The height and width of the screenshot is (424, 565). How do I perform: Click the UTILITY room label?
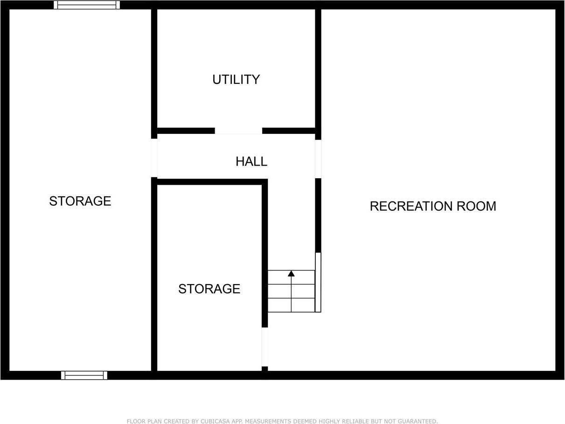click(x=236, y=80)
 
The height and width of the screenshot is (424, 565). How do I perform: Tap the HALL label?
click(x=251, y=162)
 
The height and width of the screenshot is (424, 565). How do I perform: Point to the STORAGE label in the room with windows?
click(x=80, y=201)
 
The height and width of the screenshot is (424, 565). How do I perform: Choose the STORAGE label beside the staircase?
click(x=209, y=289)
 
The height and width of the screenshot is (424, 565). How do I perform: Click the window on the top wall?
click(x=87, y=5)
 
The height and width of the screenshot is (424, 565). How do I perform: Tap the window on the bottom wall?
click(x=84, y=375)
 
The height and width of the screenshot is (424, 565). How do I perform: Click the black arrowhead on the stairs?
click(x=291, y=273)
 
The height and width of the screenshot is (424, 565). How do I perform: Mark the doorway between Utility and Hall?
click(x=238, y=131)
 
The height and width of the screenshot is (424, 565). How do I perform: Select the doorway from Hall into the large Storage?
click(x=154, y=158)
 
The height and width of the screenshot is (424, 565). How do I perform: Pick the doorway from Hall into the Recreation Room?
click(x=318, y=159)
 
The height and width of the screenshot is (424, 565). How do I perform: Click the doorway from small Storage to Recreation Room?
click(x=265, y=347)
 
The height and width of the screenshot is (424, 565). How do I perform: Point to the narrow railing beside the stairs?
click(x=318, y=282)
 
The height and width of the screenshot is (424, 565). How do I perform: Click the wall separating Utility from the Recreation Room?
click(x=318, y=70)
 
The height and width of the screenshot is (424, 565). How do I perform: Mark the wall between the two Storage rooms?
click(x=154, y=275)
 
